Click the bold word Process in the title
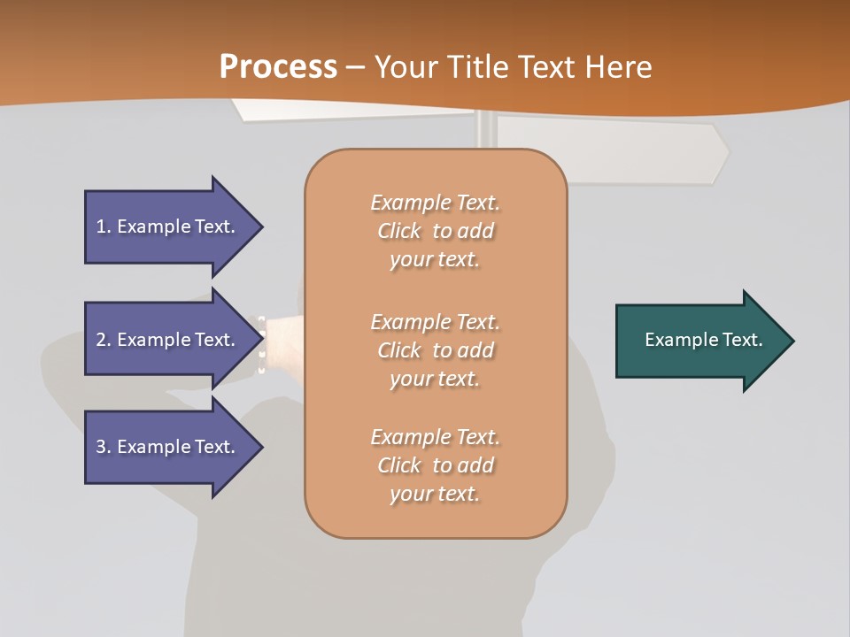[x=278, y=66]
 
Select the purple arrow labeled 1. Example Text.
[x=168, y=226]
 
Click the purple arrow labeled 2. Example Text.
[x=168, y=340]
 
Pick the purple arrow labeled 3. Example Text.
[x=168, y=447]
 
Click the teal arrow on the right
[x=699, y=341]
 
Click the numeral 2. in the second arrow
[x=103, y=340]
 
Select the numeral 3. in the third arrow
[x=103, y=447]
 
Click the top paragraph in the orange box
[x=435, y=231]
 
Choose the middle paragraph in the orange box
[x=435, y=350]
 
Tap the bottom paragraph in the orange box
[x=435, y=465]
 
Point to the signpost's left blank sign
[x=354, y=109]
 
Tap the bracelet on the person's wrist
[x=262, y=343]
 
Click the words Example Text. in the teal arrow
[x=704, y=340]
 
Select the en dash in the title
[x=356, y=67]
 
